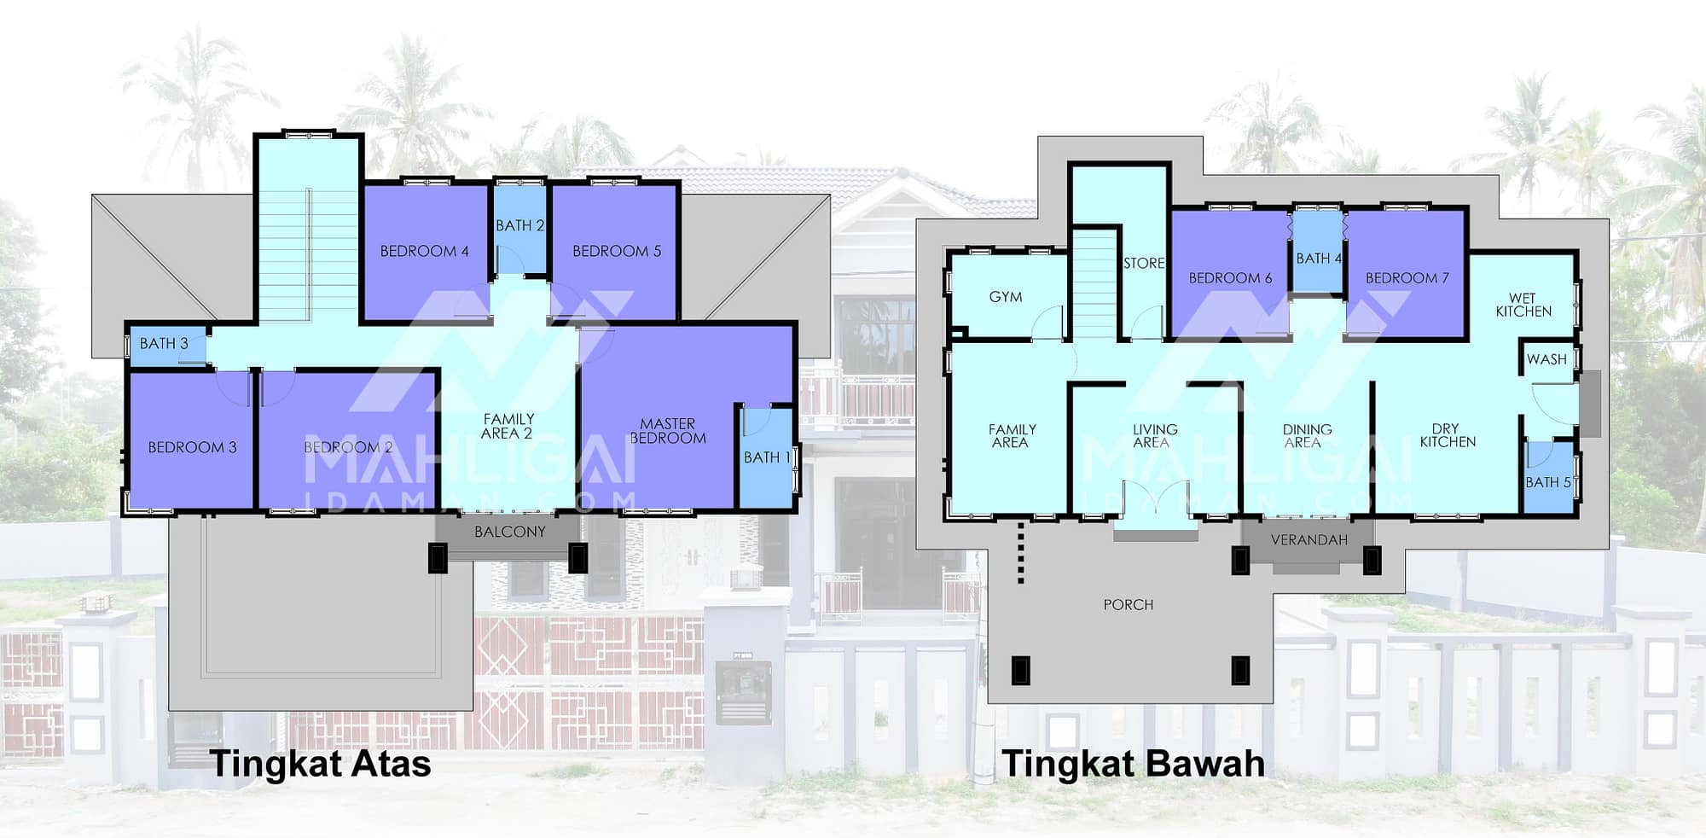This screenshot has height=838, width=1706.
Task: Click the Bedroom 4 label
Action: click(424, 251)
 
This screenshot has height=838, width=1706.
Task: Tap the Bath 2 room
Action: click(519, 229)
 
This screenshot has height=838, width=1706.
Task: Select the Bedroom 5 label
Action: click(617, 251)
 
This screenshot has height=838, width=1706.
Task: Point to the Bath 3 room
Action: click(167, 345)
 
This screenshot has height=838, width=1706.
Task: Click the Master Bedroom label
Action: click(668, 431)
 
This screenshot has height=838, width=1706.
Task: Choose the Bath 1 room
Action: click(766, 457)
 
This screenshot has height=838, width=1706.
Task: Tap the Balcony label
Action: click(510, 532)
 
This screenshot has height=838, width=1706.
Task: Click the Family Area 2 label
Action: click(508, 426)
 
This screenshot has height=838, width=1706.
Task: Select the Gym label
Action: click(1006, 297)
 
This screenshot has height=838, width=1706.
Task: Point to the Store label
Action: click(1144, 263)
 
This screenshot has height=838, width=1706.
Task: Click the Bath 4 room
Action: click(1319, 252)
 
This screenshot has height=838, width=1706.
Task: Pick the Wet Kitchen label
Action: click(1523, 305)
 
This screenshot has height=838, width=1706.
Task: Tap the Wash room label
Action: click(1546, 359)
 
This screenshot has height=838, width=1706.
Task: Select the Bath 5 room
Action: click(1548, 478)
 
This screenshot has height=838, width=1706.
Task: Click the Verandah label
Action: click(1309, 540)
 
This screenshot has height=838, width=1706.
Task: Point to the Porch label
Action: click(1128, 605)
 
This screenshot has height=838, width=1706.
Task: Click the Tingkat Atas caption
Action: click(321, 764)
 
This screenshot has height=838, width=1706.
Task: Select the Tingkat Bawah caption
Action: click(1134, 764)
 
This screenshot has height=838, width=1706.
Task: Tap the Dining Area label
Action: click(1307, 436)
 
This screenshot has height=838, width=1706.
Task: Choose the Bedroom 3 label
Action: click(192, 447)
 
